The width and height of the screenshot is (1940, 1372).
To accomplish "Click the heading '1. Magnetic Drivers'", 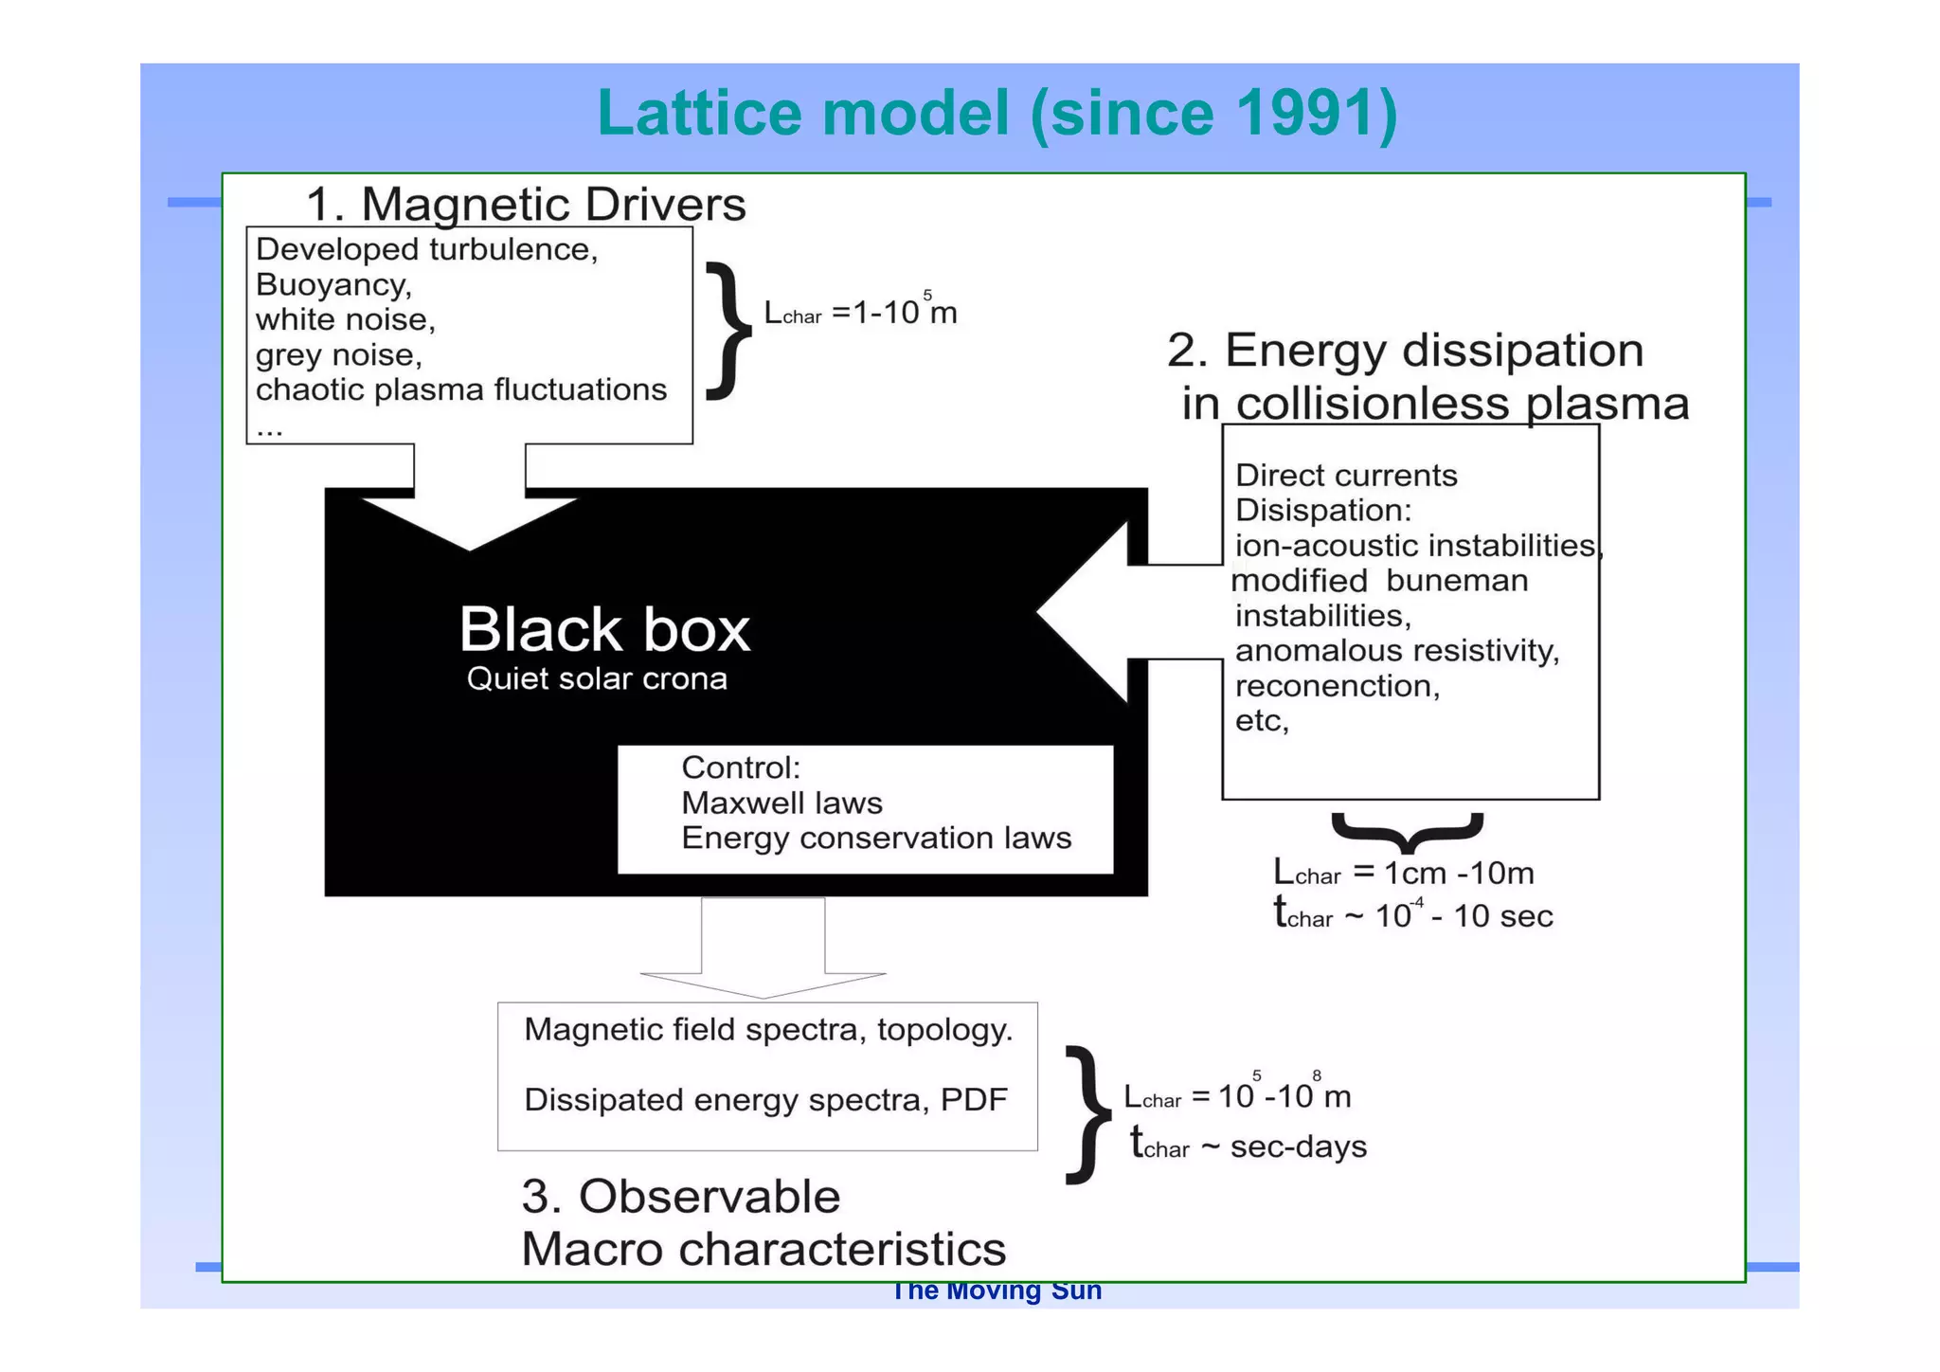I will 526,205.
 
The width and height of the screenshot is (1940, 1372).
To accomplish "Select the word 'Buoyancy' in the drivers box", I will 332,284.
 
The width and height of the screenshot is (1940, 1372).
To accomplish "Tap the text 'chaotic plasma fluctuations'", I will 460,389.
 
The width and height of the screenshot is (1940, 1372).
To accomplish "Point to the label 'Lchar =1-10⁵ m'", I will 860,312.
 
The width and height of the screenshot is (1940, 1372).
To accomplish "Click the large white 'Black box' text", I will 604,629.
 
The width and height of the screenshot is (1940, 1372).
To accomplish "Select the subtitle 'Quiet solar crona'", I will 597,678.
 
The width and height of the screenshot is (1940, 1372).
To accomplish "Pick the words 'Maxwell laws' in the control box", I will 781,803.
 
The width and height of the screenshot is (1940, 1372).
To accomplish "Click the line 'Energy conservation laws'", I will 876,839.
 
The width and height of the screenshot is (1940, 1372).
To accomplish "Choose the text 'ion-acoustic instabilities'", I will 1415,546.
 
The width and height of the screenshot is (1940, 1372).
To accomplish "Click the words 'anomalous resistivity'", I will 1396,651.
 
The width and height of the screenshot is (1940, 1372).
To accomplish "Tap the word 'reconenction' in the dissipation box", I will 1337,686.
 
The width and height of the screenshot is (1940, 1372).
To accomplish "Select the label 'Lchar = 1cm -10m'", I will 1403,873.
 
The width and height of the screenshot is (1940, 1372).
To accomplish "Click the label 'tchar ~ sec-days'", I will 1248,1146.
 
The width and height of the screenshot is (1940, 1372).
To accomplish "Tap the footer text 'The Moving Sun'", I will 997,1291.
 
